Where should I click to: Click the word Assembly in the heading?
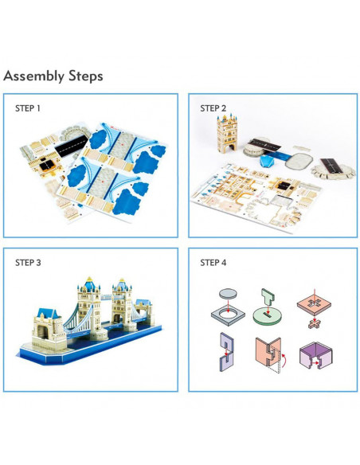(x=33, y=76)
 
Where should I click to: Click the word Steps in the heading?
(x=86, y=76)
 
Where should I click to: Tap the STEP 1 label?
(x=28, y=108)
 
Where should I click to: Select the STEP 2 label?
(x=213, y=108)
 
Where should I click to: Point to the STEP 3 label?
(x=28, y=263)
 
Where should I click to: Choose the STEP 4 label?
(x=213, y=263)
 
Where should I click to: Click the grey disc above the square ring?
(x=228, y=294)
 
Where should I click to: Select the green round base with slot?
(x=267, y=315)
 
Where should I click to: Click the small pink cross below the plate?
(x=314, y=323)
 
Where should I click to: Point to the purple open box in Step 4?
(x=316, y=355)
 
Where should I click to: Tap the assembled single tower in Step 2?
(x=227, y=134)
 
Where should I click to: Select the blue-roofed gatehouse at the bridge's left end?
(x=49, y=328)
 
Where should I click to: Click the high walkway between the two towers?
(x=106, y=296)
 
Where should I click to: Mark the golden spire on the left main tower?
(x=88, y=279)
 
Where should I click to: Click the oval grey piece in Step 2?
(x=299, y=161)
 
